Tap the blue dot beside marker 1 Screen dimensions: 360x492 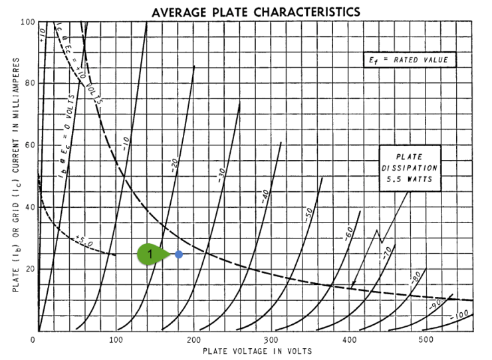point(179,254)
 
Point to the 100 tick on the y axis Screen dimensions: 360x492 point(27,21)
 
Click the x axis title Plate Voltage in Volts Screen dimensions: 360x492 point(257,350)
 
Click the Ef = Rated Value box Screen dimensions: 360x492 point(408,60)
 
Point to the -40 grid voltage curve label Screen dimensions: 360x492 point(265,195)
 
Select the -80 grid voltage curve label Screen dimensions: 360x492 point(415,278)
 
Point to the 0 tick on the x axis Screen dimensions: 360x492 point(33,340)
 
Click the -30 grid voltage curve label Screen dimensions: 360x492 point(221,174)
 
